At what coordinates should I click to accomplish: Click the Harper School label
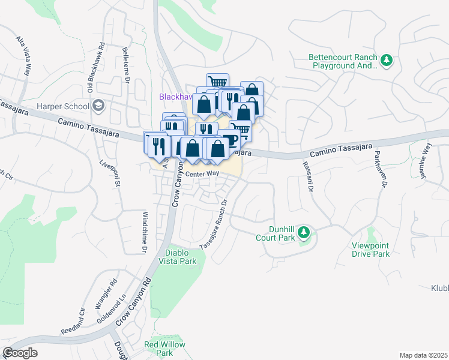[63, 107]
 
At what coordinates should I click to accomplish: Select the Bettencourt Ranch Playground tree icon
[388, 59]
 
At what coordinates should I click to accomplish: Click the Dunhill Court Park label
[273, 233]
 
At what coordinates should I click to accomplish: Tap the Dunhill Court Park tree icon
[304, 232]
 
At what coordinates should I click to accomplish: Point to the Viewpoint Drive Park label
[371, 250]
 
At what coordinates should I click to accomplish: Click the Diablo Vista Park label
[178, 257]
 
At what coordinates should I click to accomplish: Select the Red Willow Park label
[159, 349]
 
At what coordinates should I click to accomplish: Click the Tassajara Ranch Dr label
[215, 224]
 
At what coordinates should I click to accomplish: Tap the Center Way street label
[202, 174]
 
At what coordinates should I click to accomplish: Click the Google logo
[20, 353]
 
